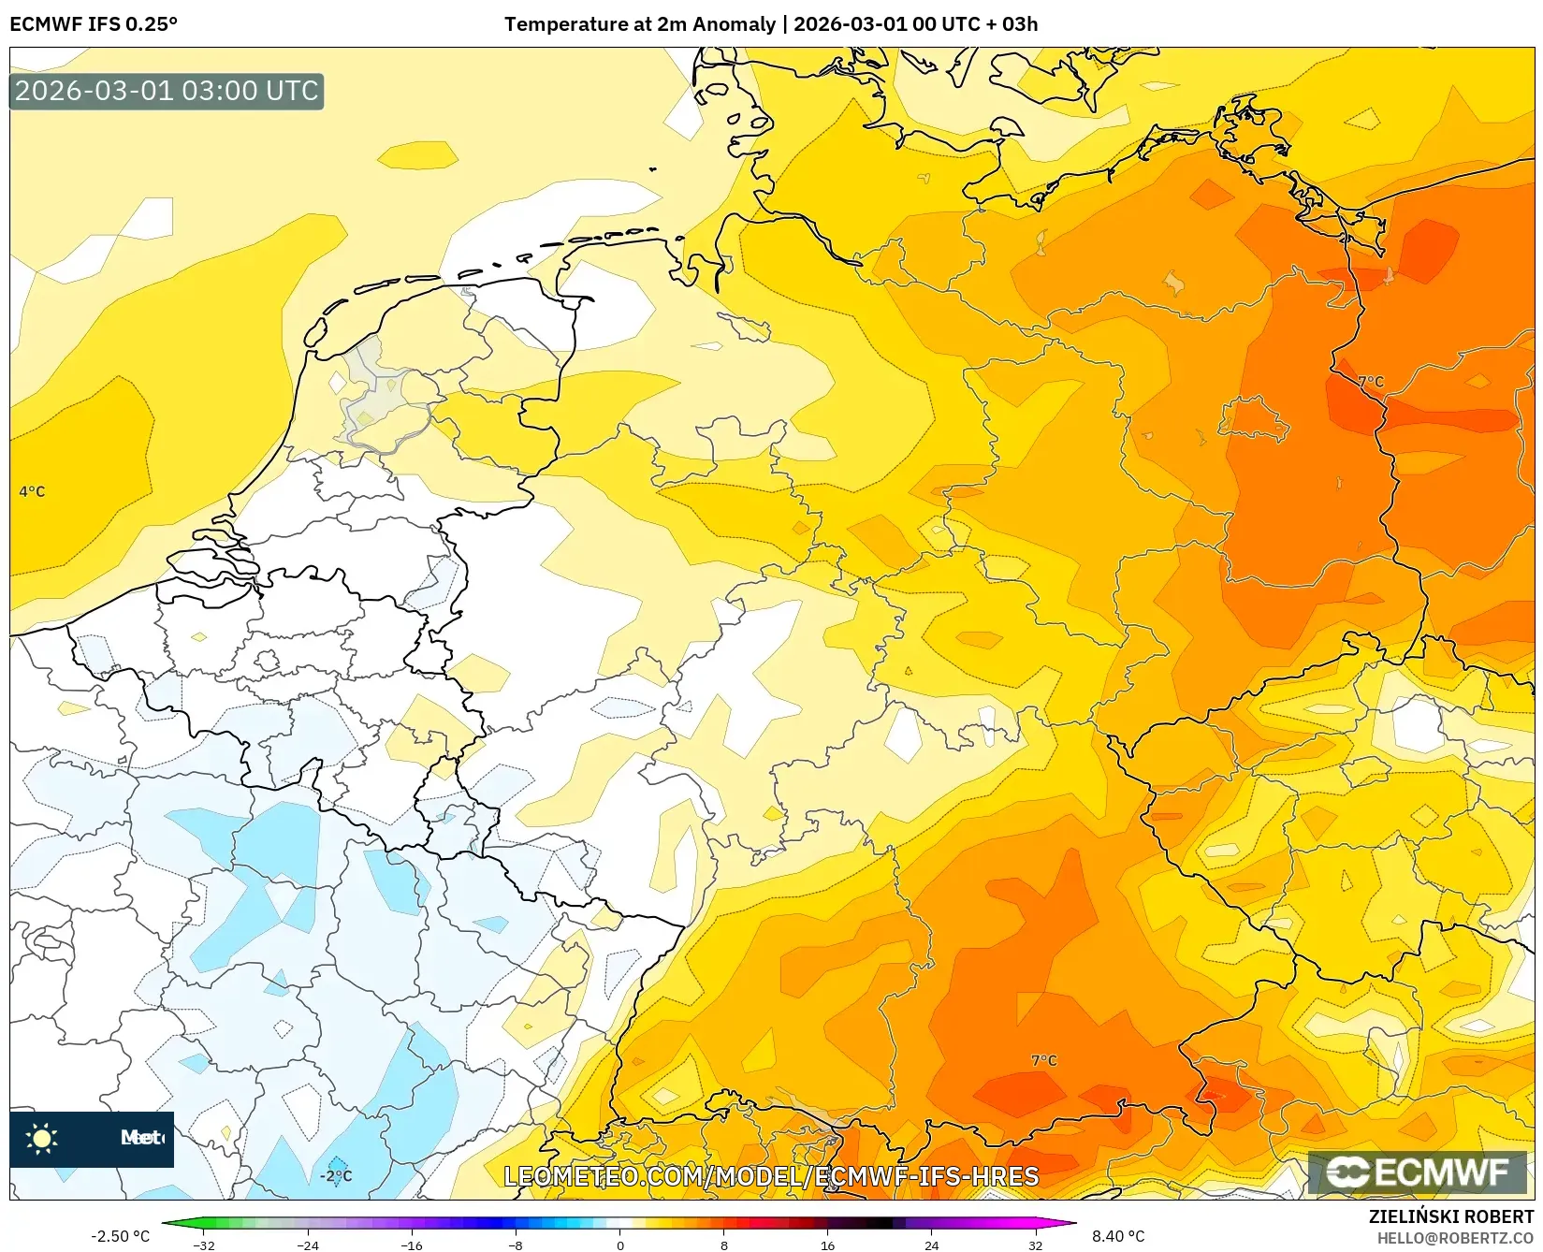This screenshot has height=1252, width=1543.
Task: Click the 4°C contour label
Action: tap(32, 491)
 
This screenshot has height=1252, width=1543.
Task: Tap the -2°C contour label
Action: tap(336, 1176)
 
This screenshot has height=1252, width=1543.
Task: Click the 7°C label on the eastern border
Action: tap(1371, 381)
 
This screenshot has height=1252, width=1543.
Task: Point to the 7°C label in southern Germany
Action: tap(1043, 1060)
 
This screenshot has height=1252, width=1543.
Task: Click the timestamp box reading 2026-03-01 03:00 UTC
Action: tap(167, 91)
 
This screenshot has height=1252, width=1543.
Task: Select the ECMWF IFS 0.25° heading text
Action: tap(94, 24)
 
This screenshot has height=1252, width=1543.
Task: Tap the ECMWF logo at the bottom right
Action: tap(1417, 1172)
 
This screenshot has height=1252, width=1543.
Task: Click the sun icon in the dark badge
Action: tap(42, 1138)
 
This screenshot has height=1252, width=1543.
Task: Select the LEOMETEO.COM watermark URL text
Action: tap(771, 1176)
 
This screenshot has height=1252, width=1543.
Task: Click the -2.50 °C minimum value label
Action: tap(120, 1236)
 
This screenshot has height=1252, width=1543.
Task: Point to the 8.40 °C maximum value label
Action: tap(1118, 1236)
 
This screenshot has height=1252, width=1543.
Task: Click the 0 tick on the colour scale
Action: tap(619, 1245)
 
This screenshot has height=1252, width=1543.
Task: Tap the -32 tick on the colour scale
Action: tap(204, 1245)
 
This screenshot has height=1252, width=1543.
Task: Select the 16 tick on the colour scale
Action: tap(827, 1245)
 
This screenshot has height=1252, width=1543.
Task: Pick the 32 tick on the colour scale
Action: tap(1035, 1245)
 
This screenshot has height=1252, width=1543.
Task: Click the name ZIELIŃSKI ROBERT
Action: tap(1451, 1216)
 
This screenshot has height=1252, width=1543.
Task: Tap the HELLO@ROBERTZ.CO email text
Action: tap(1455, 1238)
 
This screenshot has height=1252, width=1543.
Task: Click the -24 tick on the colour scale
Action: tap(308, 1245)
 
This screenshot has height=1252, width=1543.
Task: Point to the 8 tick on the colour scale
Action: tap(723, 1245)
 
